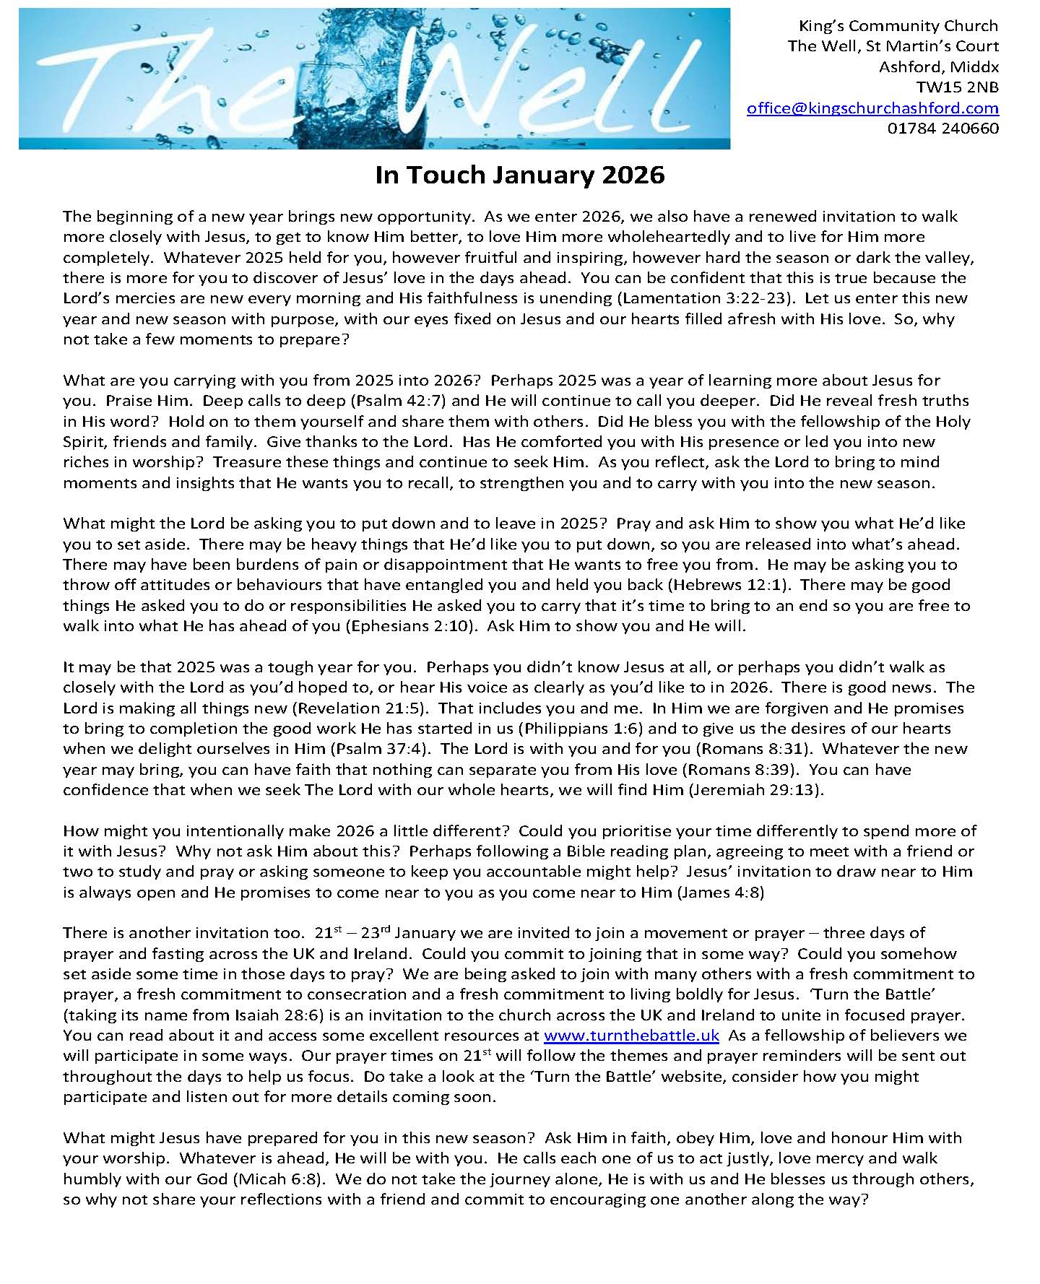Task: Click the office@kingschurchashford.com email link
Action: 872,108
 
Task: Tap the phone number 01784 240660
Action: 942,129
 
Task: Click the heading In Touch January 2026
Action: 519,175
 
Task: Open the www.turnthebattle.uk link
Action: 631,1036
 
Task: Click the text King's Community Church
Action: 898,26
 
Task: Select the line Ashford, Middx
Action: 938,67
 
